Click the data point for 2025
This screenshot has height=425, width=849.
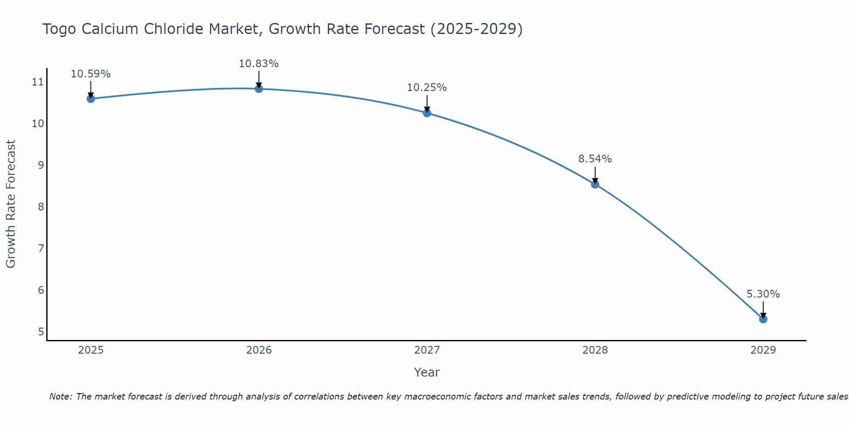(x=90, y=99)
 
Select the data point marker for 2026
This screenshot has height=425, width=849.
(x=259, y=89)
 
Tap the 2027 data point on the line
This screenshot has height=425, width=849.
(x=427, y=113)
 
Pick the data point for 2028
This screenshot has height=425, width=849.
(x=595, y=184)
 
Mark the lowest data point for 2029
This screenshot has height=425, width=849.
(x=763, y=319)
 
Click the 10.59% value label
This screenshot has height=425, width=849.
(x=90, y=74)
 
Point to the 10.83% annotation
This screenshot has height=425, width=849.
(x=259, y=64)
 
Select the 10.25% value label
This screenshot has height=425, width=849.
(x=427, y=88)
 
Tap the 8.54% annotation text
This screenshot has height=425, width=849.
(x=595, y=159)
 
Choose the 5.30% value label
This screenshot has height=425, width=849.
(x=763, y=294)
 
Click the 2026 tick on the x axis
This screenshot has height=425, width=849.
(x=259, y=350)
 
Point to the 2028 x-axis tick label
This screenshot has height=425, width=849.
(x=595, y=350)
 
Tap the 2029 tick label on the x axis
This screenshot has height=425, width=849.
(x=763, y=350)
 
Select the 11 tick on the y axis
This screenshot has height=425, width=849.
(x=38, y=82)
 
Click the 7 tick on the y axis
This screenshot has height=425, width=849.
(x=41, y=248)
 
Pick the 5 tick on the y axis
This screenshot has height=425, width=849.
(x=41, y=331)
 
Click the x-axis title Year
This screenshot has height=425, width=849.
(x=427, y=372)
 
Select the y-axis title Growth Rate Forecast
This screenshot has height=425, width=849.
(x=11, y=204)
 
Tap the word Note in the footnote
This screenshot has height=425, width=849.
(x=60, y=397)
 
